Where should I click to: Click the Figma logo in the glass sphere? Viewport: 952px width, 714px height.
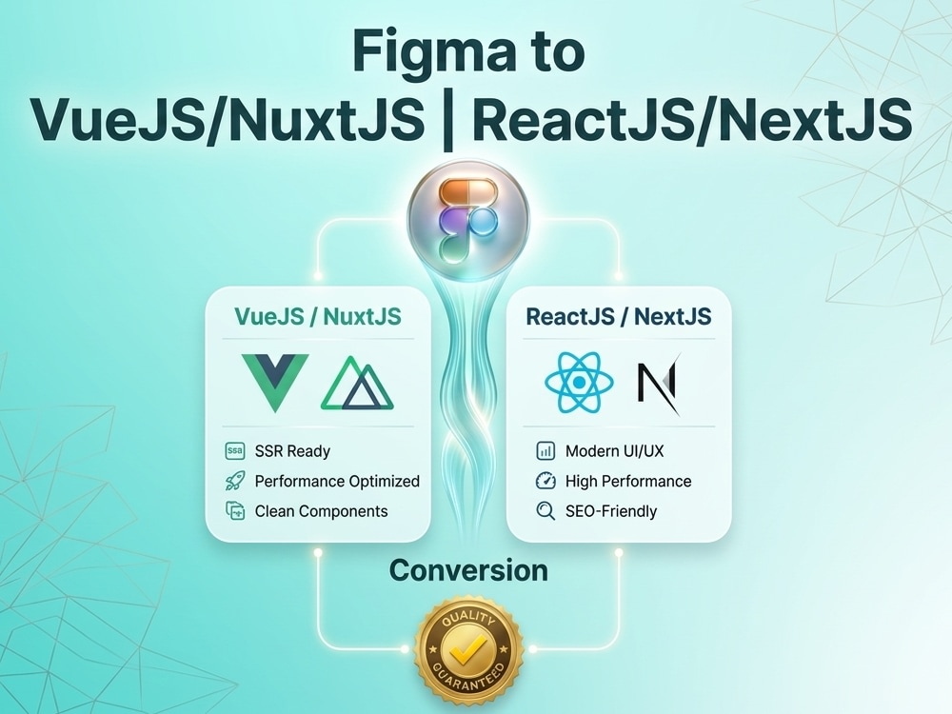467,221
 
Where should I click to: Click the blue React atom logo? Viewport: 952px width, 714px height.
579,382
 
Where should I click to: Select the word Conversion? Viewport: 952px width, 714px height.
468,570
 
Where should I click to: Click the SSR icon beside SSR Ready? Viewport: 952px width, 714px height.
235,451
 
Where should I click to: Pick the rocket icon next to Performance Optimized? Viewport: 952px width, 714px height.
235,481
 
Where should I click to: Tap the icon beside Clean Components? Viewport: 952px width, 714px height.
235,510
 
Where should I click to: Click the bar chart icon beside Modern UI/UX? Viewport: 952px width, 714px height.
545,451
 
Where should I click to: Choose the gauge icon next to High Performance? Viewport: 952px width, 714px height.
545,481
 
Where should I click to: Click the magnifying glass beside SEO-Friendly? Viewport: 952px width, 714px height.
545,511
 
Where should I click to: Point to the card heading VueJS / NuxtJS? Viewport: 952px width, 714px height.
318,316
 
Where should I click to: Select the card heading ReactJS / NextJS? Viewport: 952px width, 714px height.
618,316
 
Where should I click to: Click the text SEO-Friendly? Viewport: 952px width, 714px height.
611,511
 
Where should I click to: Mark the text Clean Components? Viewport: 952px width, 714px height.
321,511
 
